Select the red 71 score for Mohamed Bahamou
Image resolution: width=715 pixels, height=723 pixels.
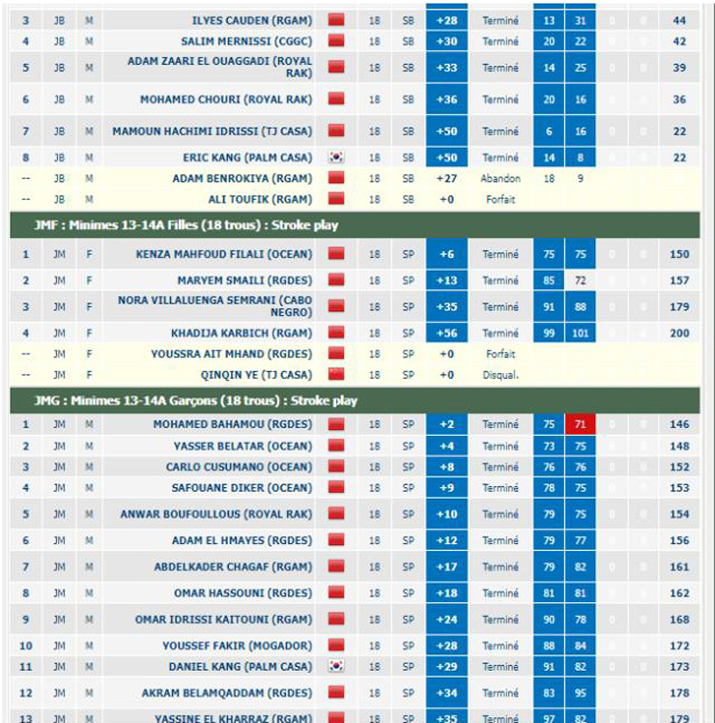pos(580,424)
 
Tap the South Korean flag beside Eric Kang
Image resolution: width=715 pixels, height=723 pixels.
pos(336,158)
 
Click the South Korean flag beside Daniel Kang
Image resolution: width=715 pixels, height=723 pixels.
pos(336,667)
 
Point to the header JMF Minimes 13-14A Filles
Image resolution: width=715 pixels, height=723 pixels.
pos(186,225)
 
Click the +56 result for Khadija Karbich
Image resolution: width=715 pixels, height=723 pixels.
pos(446,333)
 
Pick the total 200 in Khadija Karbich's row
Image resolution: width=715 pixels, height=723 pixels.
pos(679,333)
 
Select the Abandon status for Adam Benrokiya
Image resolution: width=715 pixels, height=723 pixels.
pos(500,179)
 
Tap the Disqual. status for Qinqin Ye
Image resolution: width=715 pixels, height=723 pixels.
pos(500,375)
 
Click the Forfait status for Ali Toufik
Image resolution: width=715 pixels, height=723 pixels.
pos(500,200)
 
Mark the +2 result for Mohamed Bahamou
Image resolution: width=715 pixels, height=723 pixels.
pos(446,424)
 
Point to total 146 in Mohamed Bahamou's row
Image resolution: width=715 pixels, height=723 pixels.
pos(679,424)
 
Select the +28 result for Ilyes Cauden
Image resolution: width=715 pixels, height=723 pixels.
pos(446,20)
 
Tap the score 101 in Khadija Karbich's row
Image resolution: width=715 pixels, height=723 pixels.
pos(580,333)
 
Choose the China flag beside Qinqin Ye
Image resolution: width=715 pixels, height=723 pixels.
pos(336,375)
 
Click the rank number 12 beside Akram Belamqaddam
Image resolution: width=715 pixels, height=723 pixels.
pos(26,693)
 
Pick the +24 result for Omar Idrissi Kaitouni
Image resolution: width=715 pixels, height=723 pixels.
pos(446,620)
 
